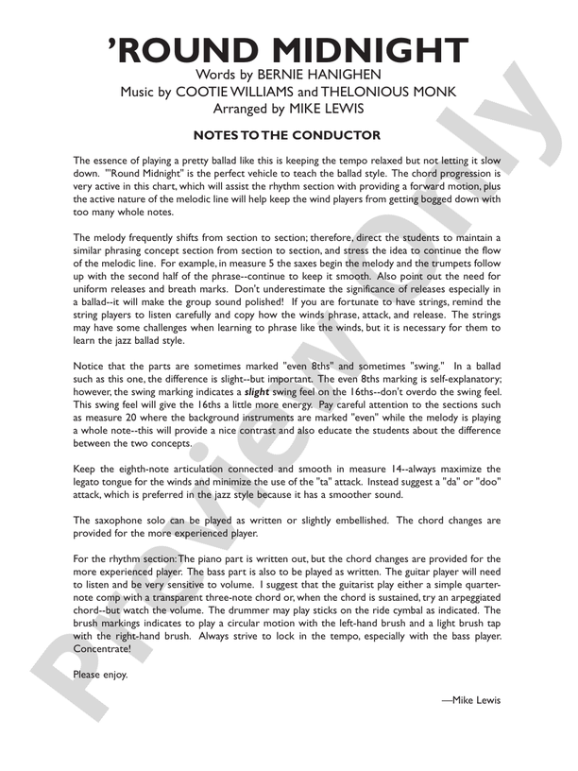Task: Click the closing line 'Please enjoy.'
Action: [x=100, y=675]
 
